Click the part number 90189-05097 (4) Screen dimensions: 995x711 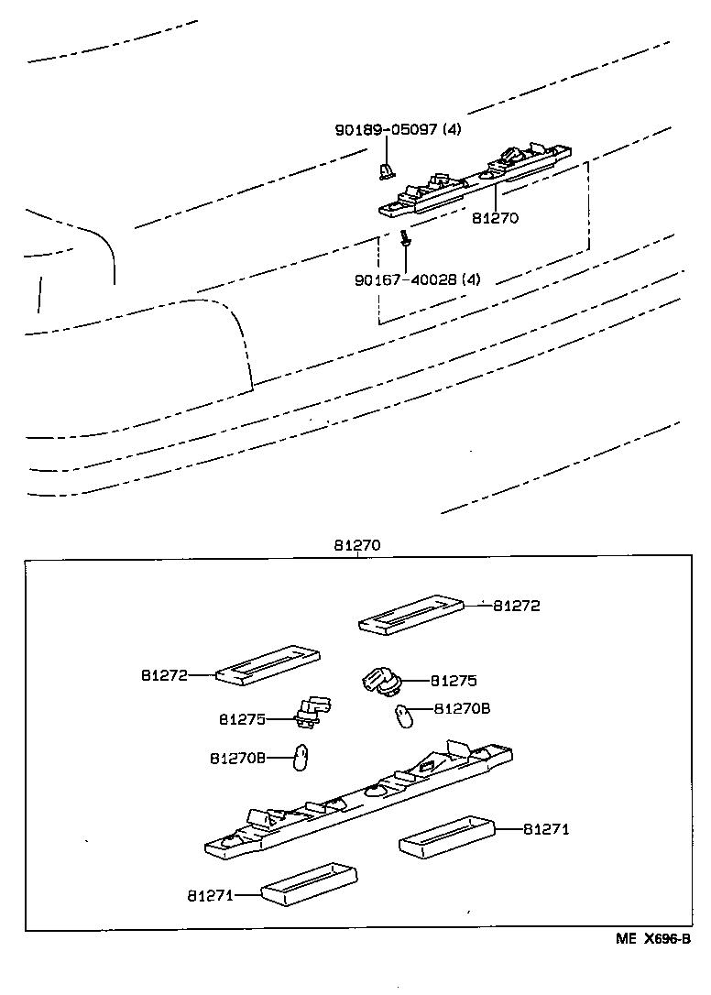397,130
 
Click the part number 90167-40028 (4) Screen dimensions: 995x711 417,279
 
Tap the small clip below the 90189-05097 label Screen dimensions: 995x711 386,169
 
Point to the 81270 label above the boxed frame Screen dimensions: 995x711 356,545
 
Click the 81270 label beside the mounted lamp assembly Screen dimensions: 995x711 496,219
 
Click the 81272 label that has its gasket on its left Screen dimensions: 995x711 517,606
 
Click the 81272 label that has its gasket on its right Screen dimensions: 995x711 164,675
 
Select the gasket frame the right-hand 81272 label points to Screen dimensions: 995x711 409,614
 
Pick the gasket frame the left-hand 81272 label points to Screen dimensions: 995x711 268,666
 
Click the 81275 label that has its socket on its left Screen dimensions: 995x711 454,681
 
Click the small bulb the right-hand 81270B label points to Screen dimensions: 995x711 402,716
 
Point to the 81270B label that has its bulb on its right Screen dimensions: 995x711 237,758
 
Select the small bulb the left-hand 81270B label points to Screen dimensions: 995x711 299,760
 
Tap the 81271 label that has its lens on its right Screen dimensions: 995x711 212,893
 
